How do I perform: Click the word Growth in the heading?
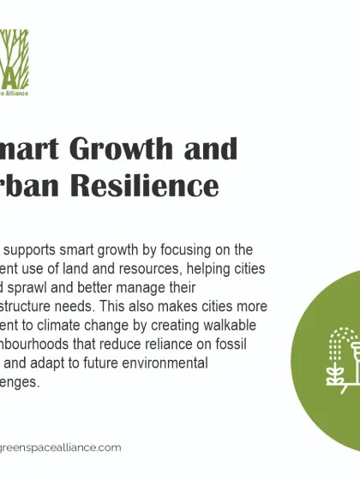coord(135,148)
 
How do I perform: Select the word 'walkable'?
coord(237,325)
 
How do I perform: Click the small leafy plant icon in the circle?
coord(335,373)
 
